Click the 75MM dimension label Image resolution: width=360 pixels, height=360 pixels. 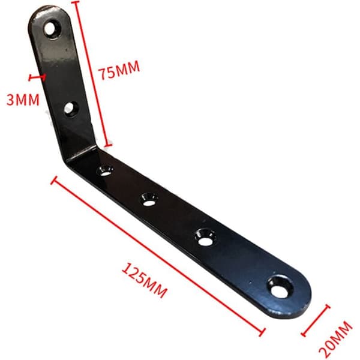pos(119,70)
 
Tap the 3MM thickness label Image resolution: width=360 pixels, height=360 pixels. pos(23,100)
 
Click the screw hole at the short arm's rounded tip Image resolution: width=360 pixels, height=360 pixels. pos(52,29)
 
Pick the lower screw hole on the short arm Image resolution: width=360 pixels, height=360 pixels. pos(71,109)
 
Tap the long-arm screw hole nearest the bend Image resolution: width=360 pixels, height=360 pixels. pos(105,170)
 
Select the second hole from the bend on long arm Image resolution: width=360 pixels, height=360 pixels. pos(149,199)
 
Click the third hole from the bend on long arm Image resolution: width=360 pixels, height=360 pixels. pos(205,237)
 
